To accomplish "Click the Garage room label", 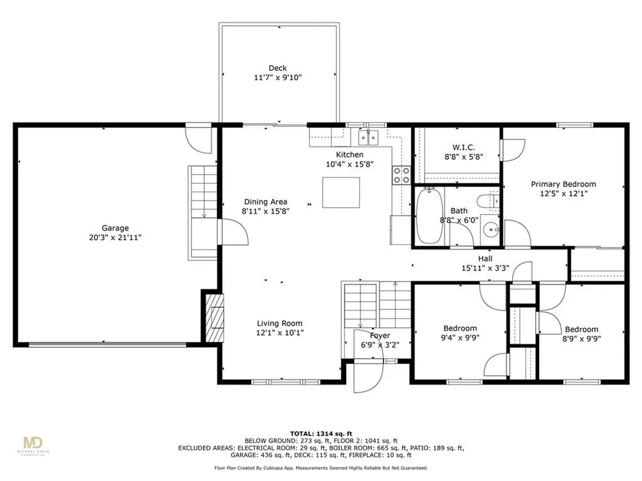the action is (x=115, y=228).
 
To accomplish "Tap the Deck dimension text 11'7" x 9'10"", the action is (x=278, y=77).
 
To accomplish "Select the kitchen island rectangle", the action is (x=341, y=193).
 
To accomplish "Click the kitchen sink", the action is (x=369, y=137).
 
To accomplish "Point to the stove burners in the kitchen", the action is (x=401, y=175).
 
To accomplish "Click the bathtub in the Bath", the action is (x=429, y=216).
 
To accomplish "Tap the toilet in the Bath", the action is (x=488, y=202).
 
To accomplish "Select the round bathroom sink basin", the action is (x=490, y=230).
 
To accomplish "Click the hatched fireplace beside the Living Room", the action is (x=214, y=318).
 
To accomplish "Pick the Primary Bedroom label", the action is (x=564, y=184).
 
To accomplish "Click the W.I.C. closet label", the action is (x=464, y=147).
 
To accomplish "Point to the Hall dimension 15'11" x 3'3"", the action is (x=485, y=268).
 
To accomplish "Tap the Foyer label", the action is (x=380, y=336).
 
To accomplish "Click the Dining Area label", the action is (x=266, y=202).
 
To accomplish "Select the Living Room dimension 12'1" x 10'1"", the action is (x=280, y=333).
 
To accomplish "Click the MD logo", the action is (x=33, y=443).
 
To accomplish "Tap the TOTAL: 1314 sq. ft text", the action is (x=321, y=433).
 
